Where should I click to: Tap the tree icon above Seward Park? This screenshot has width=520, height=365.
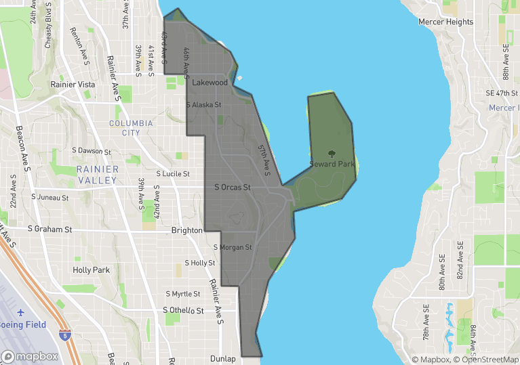tap(331, 154)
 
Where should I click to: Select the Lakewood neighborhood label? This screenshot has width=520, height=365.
tap(210, 83)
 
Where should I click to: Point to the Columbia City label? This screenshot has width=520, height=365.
tap(131, 128)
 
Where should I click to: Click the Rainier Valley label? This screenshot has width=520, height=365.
tap(98, 175)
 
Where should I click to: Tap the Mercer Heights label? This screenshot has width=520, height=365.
tap(445, 22)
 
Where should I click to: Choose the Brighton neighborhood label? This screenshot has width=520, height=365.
tap(187, 230)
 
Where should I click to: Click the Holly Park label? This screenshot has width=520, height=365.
tap(91, 270)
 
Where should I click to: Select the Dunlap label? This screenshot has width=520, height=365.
tap(223, 359)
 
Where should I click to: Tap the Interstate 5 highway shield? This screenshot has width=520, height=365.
tap(63, 335)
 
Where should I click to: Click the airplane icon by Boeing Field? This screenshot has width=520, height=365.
tap(20, 312)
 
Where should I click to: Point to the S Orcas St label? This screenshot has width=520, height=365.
tap(233, 188)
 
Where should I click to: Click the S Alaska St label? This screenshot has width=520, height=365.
tap(203, 105)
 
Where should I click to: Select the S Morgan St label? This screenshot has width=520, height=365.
tap(233, 248)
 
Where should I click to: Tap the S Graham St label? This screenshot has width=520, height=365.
tap(50, 230)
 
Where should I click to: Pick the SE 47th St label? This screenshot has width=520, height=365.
tap(502, 93)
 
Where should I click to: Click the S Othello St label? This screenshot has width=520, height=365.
tap(183, 310)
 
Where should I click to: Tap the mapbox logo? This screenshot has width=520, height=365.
tap(30, 356)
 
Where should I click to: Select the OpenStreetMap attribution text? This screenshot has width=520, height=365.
tap(485, 360)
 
